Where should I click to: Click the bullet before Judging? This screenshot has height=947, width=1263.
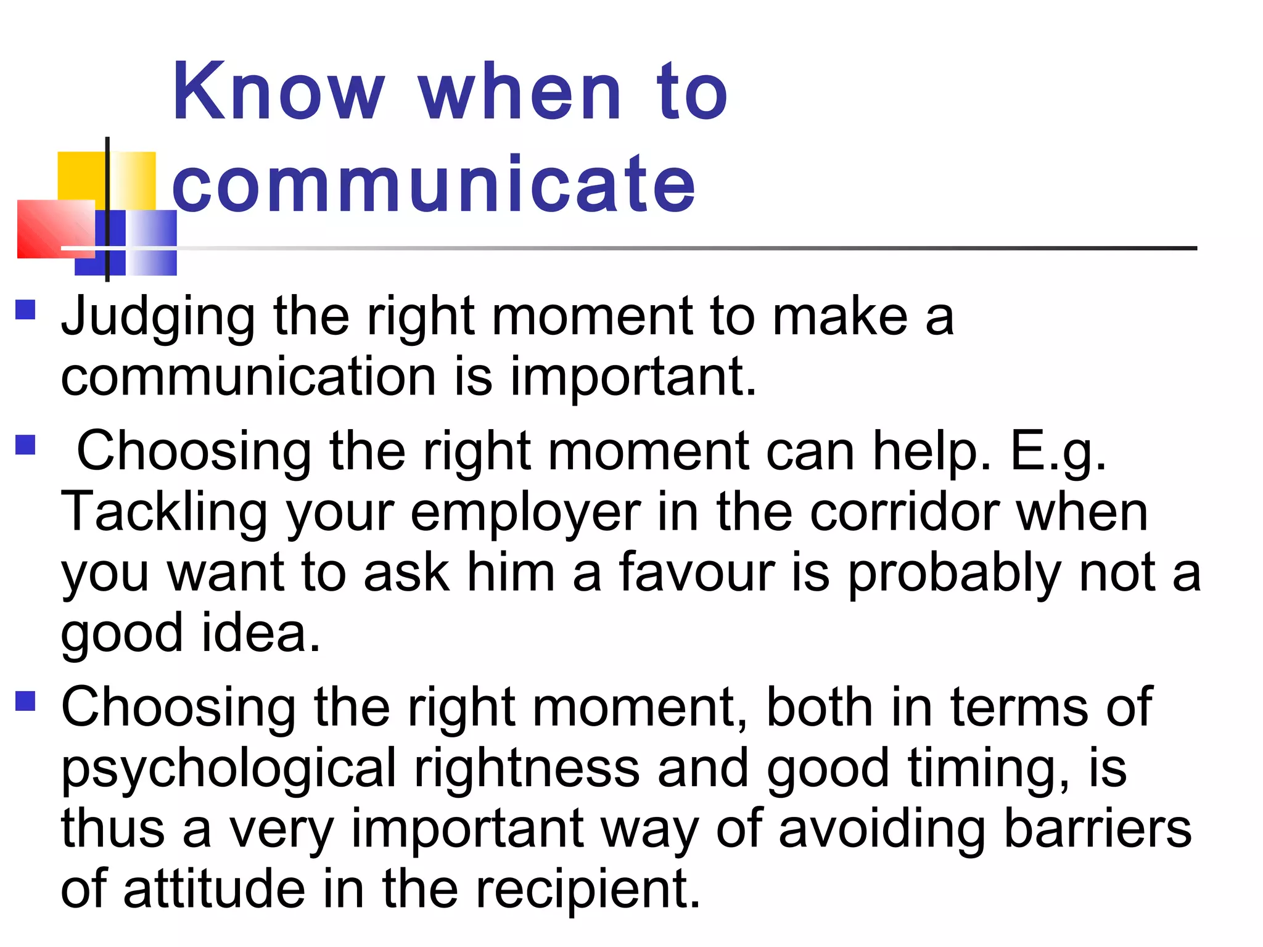pos(25,310)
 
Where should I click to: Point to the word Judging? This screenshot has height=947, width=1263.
pos(158,317)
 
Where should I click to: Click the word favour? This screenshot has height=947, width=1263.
pos(696,572)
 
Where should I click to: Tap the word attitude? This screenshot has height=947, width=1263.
pos(214,889)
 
